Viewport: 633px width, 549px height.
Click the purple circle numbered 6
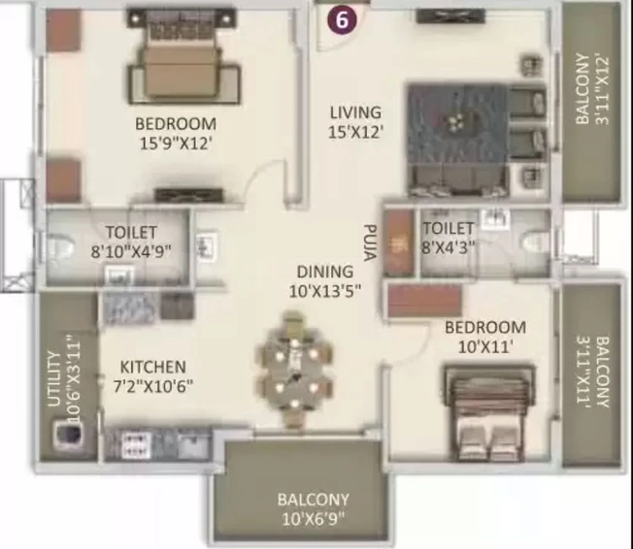pyautogui.click(x=342, y=19)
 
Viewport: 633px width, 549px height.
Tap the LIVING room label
pyautogui.click(x=355, y=113)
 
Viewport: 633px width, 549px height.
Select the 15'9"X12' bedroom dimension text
pyautogui.click(x=176, y=144)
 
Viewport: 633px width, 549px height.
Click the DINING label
pyautogui.click(x=325, y=272)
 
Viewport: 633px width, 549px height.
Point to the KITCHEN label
pyautogui.click(x=153, y=367)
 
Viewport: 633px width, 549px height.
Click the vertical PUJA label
pyautogui.click(x=370, y=242)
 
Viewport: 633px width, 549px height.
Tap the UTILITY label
pyautogui.click(x=54, y=379)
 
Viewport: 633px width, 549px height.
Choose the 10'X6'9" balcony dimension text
pyautogui.click(x=314, y=519)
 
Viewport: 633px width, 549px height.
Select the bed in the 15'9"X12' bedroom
pyautogui.click(x=184, y=56)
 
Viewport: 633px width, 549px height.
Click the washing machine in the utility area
pyautogui.click(x=67, y=435)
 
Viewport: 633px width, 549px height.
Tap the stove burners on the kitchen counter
pyautogui.click(x=136, y=445)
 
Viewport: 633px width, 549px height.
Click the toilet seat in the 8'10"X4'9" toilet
pyautogui.click(x=60, y=247)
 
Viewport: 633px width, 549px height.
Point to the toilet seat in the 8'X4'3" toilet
pyautogui.click(x=535, y=243)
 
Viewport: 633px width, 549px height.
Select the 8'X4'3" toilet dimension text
pyautogui.click(x=448, y=247)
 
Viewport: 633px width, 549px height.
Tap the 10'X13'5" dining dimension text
pyautogui.click(x=325, y=291)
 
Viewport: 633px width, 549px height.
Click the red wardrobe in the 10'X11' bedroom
pyautogui.click(x=424, y=301)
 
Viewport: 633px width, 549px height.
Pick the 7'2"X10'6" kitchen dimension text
pyautogui.click(x=153, y=386)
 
